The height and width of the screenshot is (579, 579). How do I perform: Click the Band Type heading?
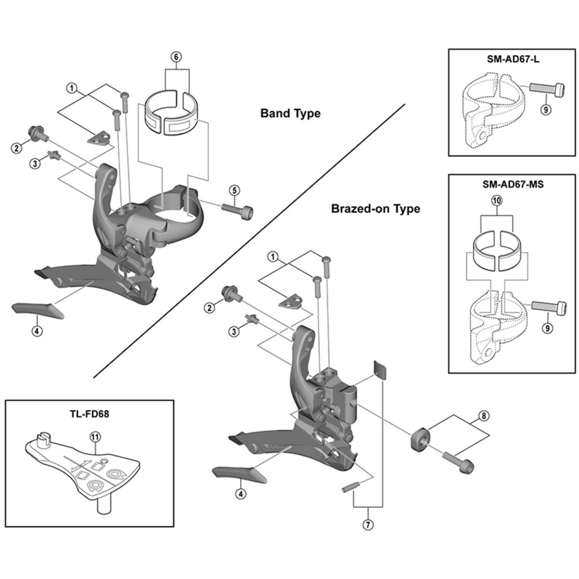[290, 113]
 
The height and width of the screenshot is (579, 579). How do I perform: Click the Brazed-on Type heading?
[375, 209]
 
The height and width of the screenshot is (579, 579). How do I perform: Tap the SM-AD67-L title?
[513, 59]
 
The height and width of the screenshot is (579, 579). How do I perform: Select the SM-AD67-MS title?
[513, 184]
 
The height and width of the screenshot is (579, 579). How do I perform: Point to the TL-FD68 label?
[90, 414]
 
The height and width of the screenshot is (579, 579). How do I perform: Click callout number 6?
[176, 57]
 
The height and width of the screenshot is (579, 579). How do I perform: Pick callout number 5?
[234, 190]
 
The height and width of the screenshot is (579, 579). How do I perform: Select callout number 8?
[484, 416]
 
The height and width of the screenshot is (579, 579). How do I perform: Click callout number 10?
[497, 201]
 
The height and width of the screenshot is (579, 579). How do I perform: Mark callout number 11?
[95, 437]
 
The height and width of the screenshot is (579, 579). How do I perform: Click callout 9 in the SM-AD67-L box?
[546, 110]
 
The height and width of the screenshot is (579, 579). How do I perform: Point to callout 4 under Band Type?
[37, 331]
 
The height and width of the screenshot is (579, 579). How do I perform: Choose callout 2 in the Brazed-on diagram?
[210, 307]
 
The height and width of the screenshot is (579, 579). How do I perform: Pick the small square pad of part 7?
[380, 371]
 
